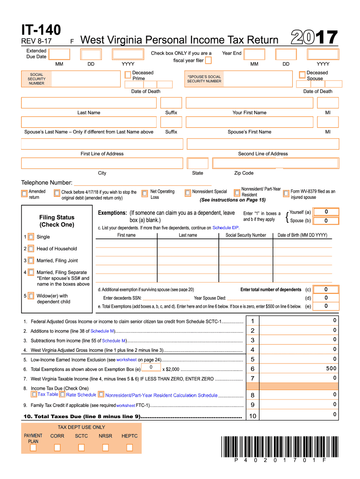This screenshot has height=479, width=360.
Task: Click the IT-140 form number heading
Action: pyautogui.click(x=41, y=30)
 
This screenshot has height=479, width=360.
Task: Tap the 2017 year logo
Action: pyautogui.click(x=315, y=37)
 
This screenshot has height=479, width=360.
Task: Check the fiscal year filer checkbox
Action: pyautogui.click(x=208, y=60)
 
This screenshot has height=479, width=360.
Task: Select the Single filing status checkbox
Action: pyautogui.click(x=31, y=237)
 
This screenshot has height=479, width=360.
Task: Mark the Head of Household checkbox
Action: pyautogui.click(x=31, y=249)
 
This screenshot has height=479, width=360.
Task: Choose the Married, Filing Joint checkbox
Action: pyautogui.click(x=31, y=261)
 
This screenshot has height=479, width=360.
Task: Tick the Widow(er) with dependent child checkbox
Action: pyautogui.click(x=31, y=296)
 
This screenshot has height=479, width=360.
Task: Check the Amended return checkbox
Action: pyautogui.click(x=24, y=193)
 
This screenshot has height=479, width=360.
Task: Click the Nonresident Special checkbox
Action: pyautogui.click(x=187, y=192)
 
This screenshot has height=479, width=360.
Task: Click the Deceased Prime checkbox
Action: pyautogui.click(x=128, y=75)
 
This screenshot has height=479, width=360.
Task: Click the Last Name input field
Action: pyautogui.click(x=89, y=102)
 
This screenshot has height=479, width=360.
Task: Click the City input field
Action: pyautogui.click(x=102, y=163)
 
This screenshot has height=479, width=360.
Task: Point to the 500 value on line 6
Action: pyautogui.click(x=331, y=369)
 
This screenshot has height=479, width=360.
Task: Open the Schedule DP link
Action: pyautogui.click(x=225, y=228)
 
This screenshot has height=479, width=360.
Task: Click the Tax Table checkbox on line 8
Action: pyautogui.click(x=34, y=395)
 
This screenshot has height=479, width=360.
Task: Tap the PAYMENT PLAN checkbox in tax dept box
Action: pyautogui.click(x=33, y=448)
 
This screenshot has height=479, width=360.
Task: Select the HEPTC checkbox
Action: pyautogui.click(x=130, y=448)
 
